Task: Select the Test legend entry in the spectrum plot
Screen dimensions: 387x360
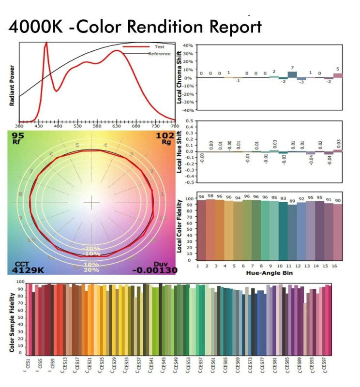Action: click(160, 47)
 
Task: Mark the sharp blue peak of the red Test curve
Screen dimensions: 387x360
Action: click(46, 43)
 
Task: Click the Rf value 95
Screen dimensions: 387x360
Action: click(18, 135)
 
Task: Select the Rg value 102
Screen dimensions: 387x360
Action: click(164, 135)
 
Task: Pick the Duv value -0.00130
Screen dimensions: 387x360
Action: click(154, 269)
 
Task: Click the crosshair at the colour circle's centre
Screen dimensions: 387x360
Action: click(91, 203)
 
